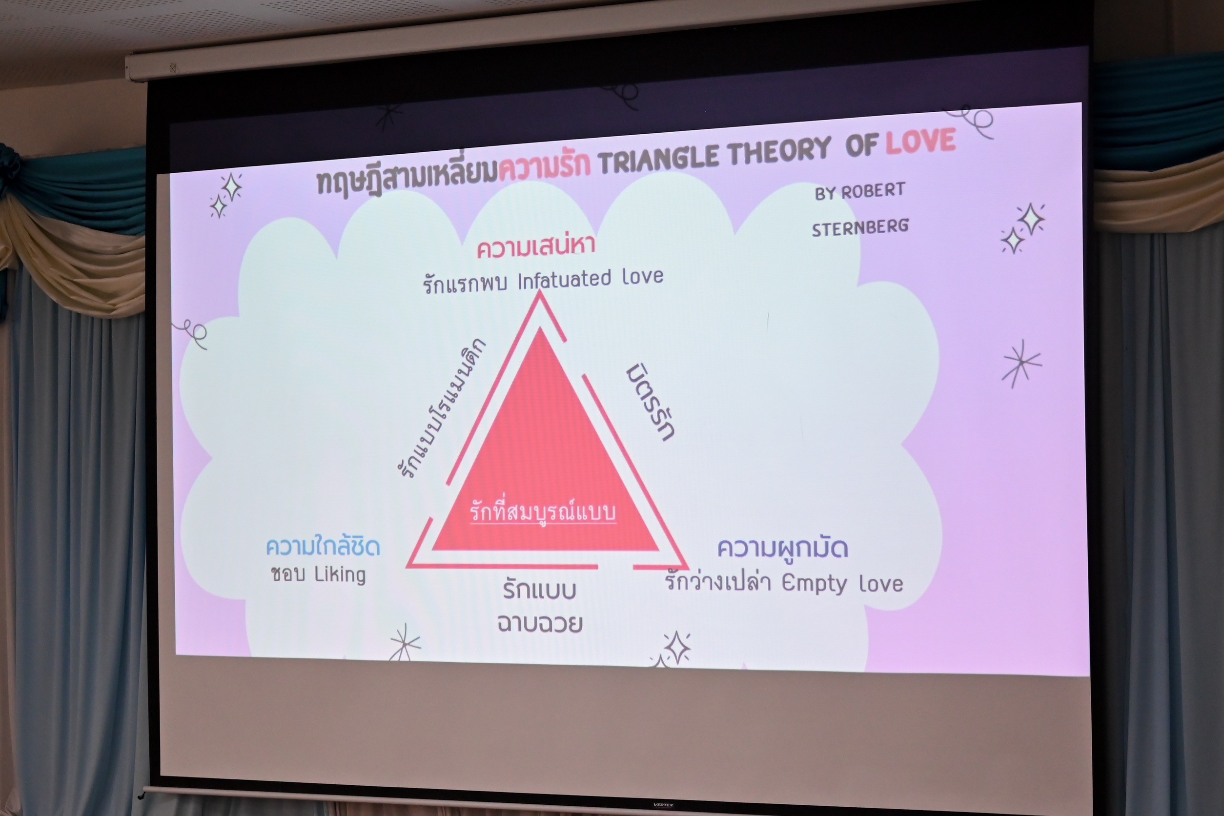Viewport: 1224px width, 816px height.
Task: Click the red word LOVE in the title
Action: [920, 141]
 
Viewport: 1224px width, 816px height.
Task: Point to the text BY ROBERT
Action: [860, 191]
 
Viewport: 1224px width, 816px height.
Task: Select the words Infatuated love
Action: [590, 279]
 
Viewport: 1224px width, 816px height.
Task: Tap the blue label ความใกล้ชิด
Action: [323, 546]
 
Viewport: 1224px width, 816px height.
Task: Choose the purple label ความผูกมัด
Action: [783, 549]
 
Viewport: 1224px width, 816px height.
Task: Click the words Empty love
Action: [842, 583]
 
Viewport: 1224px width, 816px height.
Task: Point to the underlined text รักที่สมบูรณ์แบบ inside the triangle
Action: [543, 511]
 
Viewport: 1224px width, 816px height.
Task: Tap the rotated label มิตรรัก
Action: [650, 402]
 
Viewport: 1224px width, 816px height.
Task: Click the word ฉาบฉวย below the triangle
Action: [540, 622]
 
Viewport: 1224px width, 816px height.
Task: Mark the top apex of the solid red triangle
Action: [541, 327]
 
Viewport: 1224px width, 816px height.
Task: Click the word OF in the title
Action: [862, 145]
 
